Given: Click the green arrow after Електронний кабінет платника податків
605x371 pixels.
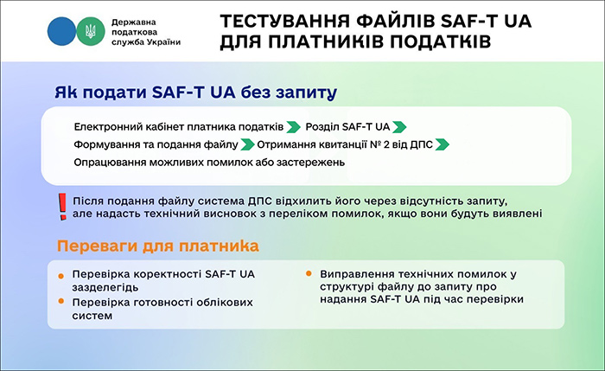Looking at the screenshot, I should click(294, 126).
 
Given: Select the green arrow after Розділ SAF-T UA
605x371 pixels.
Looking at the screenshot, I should click(398, 126).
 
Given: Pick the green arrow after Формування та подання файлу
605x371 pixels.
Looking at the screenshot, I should click(247, 144).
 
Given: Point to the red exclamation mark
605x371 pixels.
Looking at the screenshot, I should click(61, 206).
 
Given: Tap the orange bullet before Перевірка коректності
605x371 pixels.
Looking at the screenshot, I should click(60, 276).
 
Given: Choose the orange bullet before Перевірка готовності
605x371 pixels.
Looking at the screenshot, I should click(60, 300).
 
